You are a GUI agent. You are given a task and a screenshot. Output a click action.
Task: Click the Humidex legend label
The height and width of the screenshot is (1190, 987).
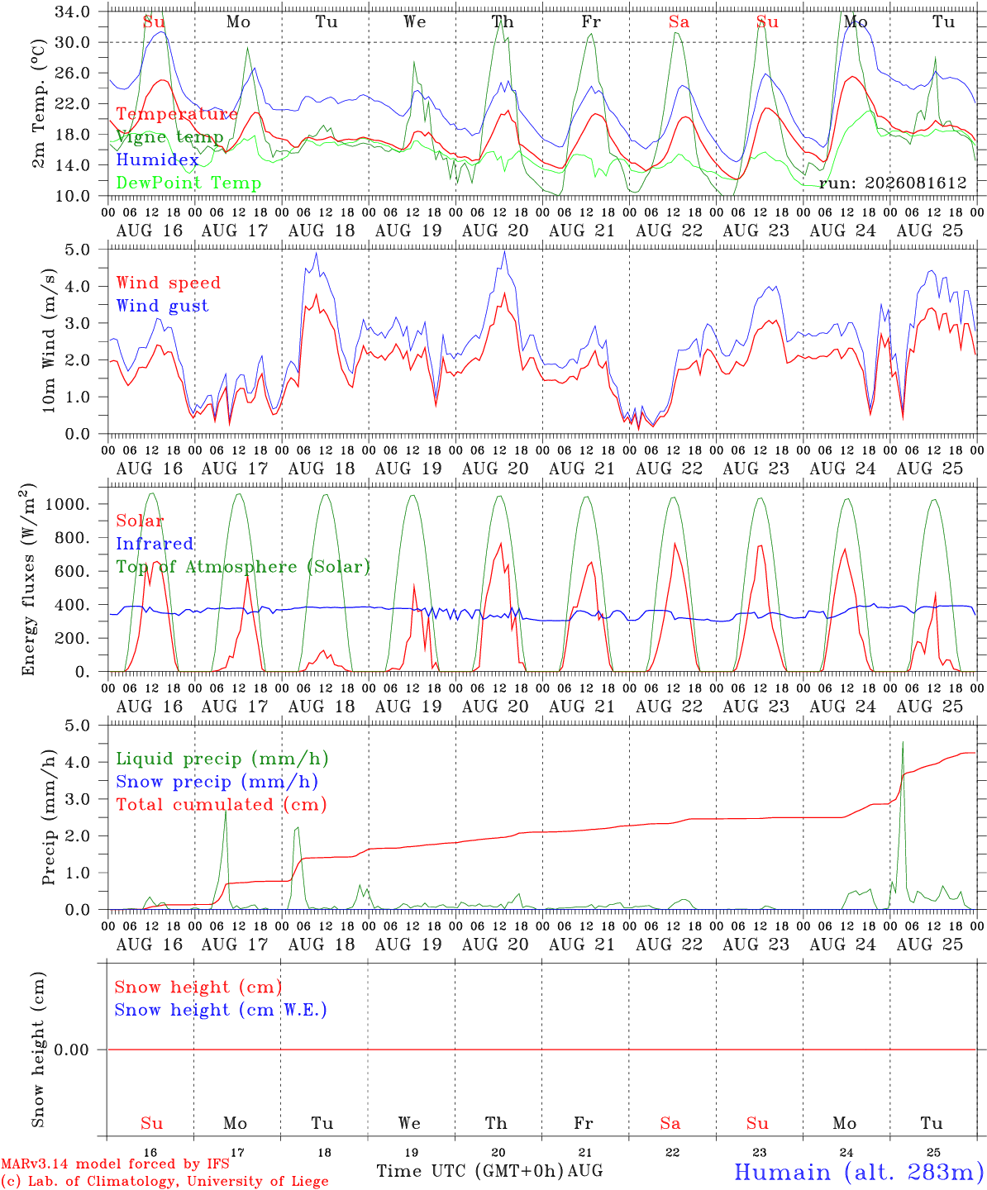coord(157,159)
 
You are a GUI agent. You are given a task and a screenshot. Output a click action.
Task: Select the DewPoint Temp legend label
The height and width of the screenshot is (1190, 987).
coord(188,183)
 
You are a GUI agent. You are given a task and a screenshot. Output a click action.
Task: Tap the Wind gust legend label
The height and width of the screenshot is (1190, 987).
coord(163,306)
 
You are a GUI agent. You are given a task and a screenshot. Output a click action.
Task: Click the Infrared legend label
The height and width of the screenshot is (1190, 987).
coord(155,544)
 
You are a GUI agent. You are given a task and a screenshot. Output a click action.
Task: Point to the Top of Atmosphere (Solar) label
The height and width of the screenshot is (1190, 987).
coord(244,567)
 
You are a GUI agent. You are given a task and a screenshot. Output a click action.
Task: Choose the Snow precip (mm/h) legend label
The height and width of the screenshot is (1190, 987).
coord(217,782)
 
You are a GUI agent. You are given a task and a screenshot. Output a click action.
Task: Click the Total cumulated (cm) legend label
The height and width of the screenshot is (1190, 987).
coord(222,804)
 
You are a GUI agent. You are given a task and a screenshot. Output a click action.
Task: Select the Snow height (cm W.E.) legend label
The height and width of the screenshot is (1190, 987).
coord(221,1009)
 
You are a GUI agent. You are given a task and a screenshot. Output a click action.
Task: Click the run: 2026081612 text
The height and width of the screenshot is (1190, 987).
coord(893,183)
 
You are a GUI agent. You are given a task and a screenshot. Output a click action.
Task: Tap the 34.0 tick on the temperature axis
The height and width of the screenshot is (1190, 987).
coord(73,12)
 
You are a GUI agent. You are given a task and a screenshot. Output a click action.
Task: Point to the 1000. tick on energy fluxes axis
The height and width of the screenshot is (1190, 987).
coord(68,504)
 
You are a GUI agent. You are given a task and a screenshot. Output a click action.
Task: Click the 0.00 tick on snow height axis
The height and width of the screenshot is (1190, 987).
coord(71,1050)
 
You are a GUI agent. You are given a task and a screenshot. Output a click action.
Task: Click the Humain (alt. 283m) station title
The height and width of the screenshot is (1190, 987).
coord(860,1172)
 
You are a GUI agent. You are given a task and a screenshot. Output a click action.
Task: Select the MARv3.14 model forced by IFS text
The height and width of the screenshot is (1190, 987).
coord(115,1164)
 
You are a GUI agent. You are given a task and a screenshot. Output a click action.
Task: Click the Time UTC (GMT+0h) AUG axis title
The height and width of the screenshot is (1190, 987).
coord(489,1171)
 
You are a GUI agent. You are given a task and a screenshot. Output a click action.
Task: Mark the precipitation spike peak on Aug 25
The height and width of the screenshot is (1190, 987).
coord(903,742)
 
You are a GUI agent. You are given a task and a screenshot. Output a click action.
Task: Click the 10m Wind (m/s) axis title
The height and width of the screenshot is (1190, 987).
coord(49,340)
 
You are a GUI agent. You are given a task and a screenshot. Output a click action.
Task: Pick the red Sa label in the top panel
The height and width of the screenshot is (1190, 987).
coord(679,21)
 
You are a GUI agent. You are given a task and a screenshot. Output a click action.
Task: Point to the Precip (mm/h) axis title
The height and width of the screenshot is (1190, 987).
coord(49,816)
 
